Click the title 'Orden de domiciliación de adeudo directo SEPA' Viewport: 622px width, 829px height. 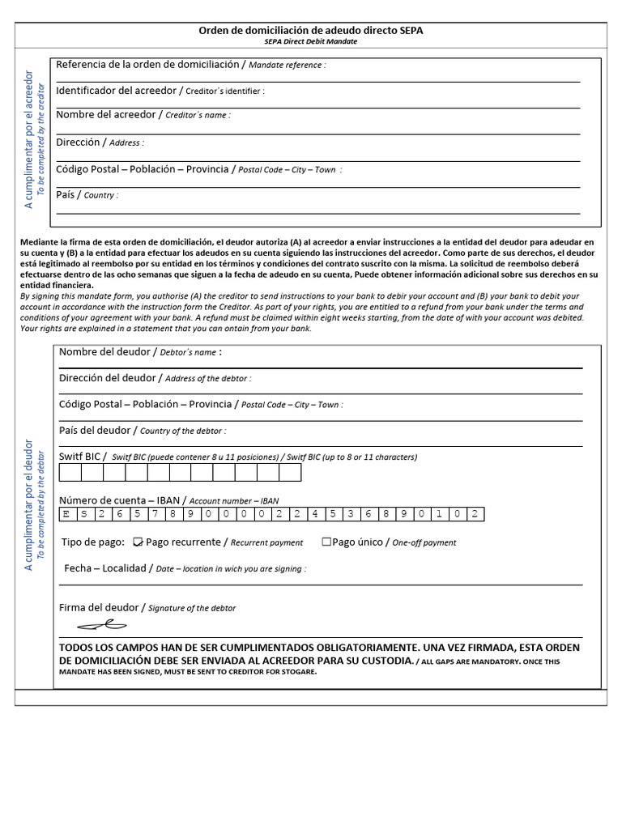[310, 31]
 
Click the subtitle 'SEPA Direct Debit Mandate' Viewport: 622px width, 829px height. [310, 41]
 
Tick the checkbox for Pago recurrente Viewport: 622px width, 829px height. [138, 542]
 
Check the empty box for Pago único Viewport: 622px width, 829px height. [326, 542]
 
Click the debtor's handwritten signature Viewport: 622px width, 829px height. [102, 624]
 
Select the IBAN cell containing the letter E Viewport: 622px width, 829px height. [66, 514]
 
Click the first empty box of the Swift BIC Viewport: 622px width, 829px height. [70, 472]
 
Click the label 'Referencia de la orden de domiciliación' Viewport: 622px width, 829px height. [147, 64]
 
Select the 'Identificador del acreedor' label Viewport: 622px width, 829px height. [115, 90]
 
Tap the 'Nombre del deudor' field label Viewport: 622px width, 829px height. [104, 352]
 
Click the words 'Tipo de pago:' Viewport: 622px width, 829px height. [93, 542]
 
